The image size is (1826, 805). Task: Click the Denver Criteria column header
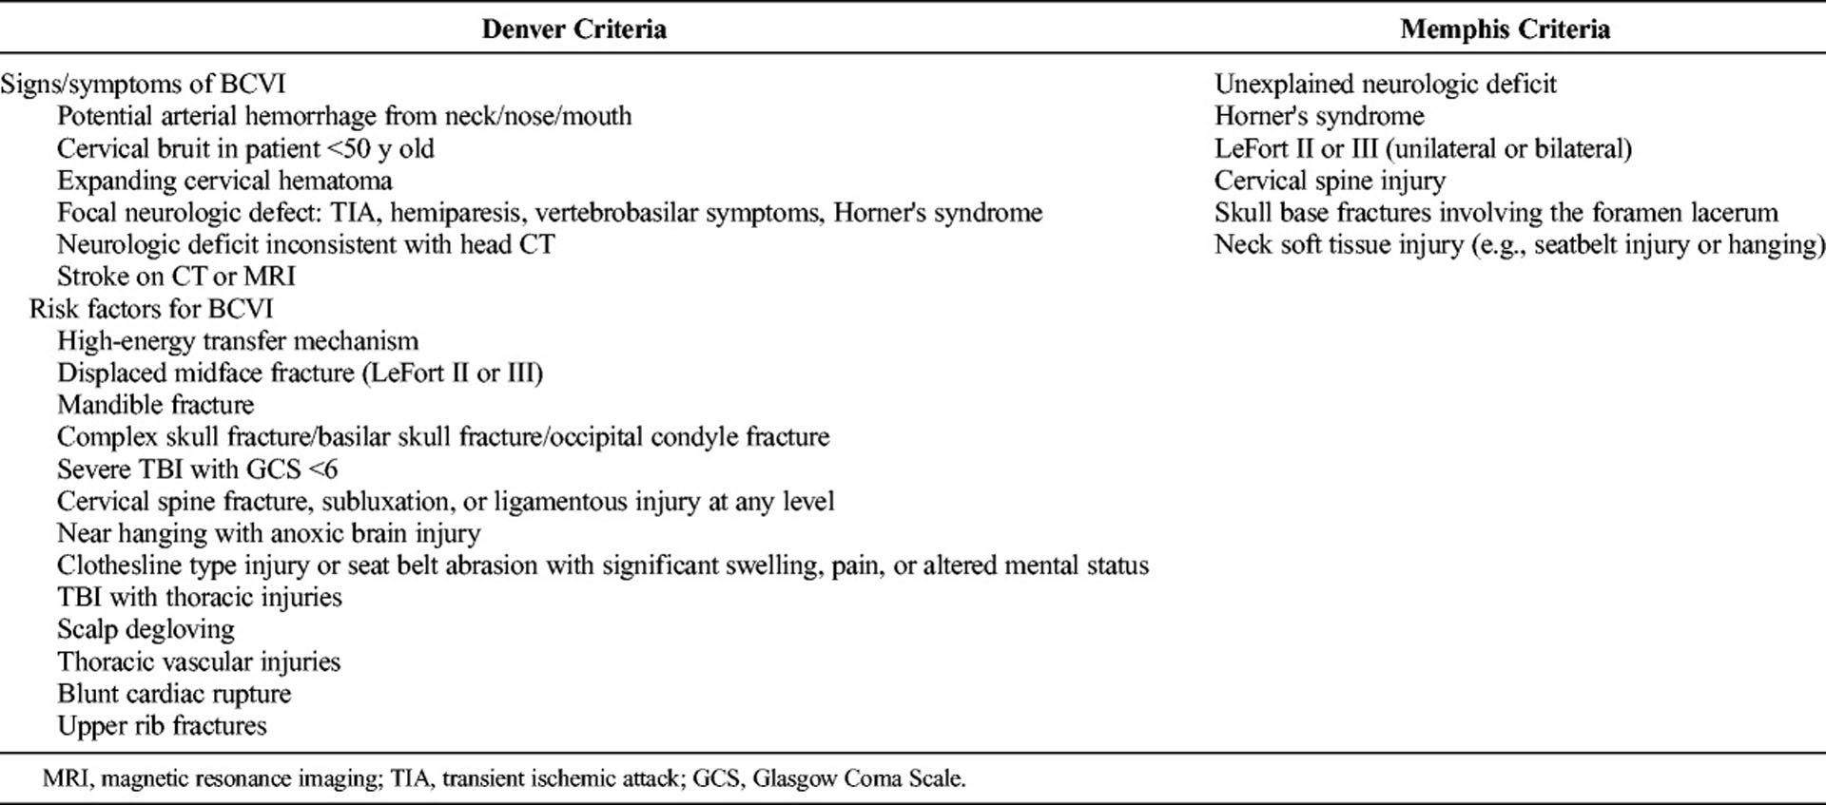tap(573, 29)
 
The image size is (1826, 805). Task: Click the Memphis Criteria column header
tap(1505, 29)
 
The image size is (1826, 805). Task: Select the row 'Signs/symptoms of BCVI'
tap(143, 84)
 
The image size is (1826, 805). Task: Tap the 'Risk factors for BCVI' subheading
tap(151, 309)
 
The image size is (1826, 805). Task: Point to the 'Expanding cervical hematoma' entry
tap(224, 181)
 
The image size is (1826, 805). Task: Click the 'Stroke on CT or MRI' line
tap(176, 277)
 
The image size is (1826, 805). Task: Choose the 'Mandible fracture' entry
tap(155, 405)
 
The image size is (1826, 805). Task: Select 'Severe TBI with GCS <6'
tap(197, 470)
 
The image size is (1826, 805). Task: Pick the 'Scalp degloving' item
tap(146, 629)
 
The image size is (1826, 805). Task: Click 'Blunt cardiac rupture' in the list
tap(174, 694)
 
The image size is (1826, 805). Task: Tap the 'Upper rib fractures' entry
tap(162, 726)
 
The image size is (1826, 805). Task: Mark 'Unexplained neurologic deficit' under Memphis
tap(1385, 84)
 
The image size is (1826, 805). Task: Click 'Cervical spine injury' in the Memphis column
tap(1330, 181)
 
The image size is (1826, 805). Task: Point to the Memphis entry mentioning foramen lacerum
tap(1495, 213)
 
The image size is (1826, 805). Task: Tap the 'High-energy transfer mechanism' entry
tap(238, 341)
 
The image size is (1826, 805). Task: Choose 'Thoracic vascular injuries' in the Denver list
tap(199, 661)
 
